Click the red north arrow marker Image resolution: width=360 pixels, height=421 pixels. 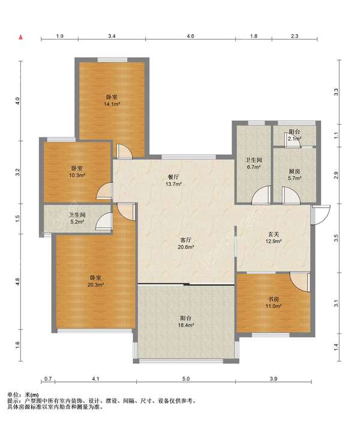tap(20, 37)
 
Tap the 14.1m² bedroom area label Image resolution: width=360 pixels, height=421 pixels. tap(112, 100)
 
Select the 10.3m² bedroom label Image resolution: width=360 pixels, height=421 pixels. tap(77, 172)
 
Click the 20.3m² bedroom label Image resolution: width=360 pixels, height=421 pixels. tap(95, 281)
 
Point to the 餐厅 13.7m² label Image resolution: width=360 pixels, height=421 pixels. tap(173, 180)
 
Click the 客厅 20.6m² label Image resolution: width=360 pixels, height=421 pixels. tap(185, 243)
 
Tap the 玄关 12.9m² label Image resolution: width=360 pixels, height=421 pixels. tap(274, 238)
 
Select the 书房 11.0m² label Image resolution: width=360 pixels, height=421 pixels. tap(273, 303)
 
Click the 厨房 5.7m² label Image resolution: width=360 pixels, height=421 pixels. tap(294, 175)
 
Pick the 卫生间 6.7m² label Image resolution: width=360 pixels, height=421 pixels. tap(254, 163)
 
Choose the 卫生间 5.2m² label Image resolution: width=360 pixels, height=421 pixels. tap(77, 218)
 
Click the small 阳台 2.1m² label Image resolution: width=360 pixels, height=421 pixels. tap(294, 135)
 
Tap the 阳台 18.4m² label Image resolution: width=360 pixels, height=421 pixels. tap(185, 321)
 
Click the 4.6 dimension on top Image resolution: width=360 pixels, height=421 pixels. tap(190, 36)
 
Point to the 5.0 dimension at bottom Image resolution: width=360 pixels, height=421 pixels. tap(186, 379)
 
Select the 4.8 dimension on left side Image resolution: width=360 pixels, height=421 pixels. tap(18, 282)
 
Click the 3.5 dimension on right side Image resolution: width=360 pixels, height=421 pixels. tap(336, 238)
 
